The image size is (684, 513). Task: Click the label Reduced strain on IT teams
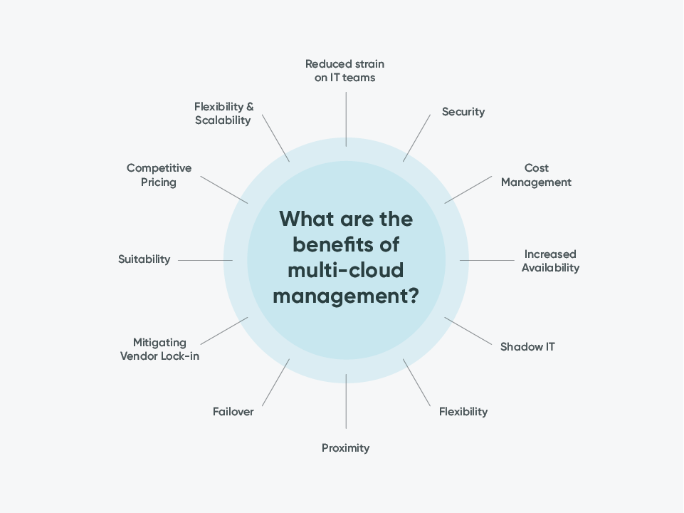coord(345,71)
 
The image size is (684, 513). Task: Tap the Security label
coord(463,112)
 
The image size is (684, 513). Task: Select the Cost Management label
coord(536,175)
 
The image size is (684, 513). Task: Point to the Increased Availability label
coord(550,261)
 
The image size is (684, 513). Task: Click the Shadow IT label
coord(527,347)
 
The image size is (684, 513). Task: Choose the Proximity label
coord(345,448)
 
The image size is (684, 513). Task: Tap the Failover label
coord(233,412)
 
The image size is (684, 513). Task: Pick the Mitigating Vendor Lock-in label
coord(159,349)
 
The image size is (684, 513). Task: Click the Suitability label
coord(144,259)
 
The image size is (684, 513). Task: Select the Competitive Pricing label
coord(159,175)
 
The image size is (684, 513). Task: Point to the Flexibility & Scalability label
coord(223,113)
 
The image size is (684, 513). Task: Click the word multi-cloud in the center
coord(346,270)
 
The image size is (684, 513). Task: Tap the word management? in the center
coord(346,295)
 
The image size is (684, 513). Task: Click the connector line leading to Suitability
coord(205,260)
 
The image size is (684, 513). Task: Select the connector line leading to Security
coord(417,137)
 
